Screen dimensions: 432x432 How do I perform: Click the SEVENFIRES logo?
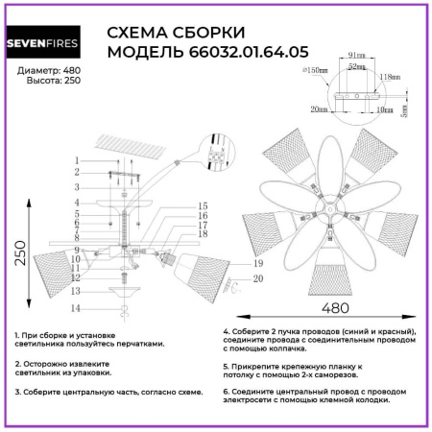[48, 43]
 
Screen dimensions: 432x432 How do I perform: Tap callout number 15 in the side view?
[203, 205]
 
